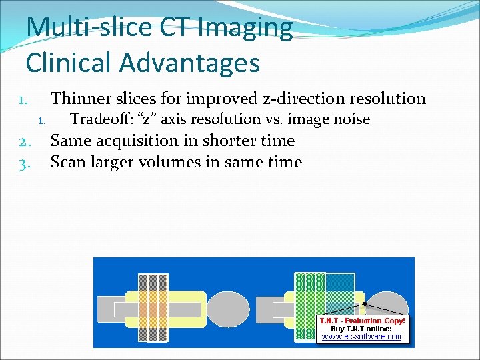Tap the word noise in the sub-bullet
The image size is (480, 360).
(351, 119)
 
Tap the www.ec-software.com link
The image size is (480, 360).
(361, 337)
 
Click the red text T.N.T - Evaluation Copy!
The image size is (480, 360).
(361, 321)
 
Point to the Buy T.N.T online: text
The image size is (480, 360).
(361, 329)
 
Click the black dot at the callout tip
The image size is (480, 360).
(364, 303)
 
